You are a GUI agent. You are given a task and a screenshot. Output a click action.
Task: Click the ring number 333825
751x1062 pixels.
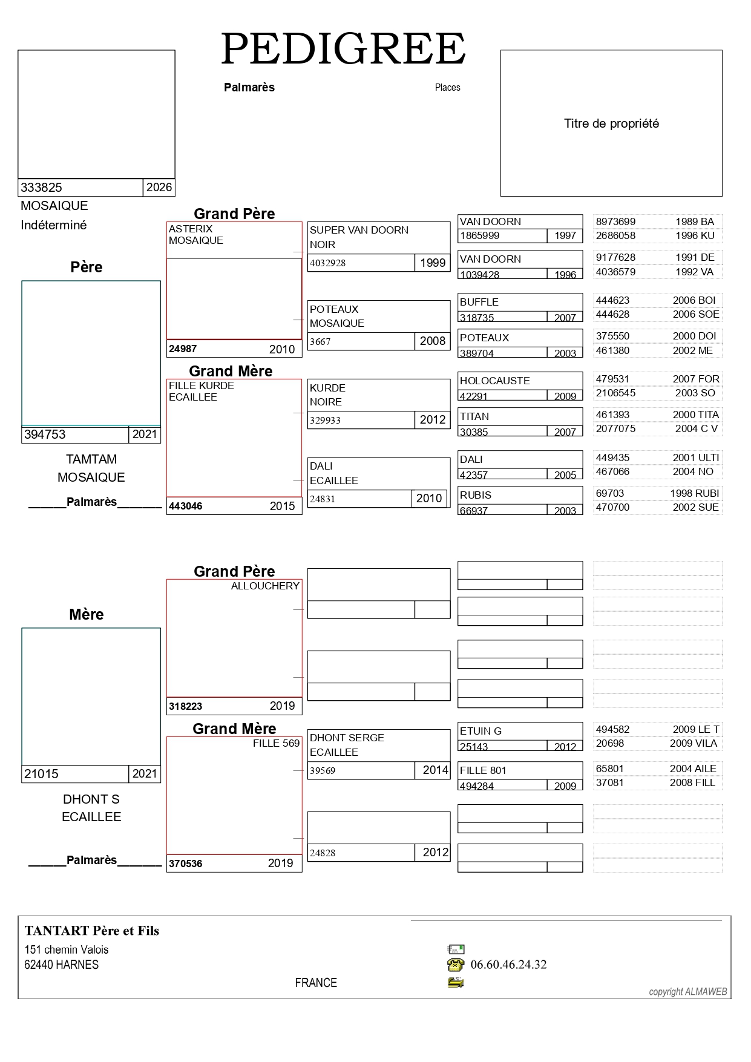pyautogui.click(x=42, y=188)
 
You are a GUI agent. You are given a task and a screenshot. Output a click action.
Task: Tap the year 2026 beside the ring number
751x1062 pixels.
pyautogui.click(x=159, y=188)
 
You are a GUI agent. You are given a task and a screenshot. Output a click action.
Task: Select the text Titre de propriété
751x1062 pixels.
pyautogui.click(x=611, y=123)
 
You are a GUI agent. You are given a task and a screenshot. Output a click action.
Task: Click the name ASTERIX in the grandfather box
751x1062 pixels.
pyautogui.click(x=191, y=229)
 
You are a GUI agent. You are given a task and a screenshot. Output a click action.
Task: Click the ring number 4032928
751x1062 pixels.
pyautogui.click(x=327, y=263)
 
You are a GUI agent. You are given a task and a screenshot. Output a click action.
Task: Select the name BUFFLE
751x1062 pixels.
pyautogui.click(x=479, y=302)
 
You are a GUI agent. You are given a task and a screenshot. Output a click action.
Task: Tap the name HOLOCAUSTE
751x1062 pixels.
pyautogui.click(x=494, y=381)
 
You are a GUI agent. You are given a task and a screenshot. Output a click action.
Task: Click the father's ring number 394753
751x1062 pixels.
pyautogui.click(x=45, y=434)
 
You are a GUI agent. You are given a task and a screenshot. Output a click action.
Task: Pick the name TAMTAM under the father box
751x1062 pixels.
pyautogui.click(x=91, y=459)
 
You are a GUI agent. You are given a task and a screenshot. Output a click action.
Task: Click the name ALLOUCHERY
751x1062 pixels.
pyautogui.click(x=265, y=586)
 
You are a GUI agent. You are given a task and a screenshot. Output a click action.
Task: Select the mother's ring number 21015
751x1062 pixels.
pyautogui.click(x=41, y=774)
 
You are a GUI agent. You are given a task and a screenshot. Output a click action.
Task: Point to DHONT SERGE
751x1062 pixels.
pyautogui.click(x=347, y=738)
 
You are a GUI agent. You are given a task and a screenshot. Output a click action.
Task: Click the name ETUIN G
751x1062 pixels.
pyautogui.click(x=480, y=731)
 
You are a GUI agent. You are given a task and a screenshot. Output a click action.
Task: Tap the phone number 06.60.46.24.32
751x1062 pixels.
pyautogui.click(x=508, y=965)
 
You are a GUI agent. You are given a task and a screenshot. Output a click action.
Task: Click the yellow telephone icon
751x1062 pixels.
pyautogui.click(x=456, y=965)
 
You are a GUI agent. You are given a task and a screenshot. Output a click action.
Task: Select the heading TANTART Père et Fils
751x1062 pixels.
pyautogui.click(x=92, y=931)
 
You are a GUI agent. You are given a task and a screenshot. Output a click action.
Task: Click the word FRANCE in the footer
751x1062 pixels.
pyautogui.click(x=316, y=983)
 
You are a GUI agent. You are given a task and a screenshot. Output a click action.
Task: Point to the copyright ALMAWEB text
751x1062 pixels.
pyautogui.click(x=688, y=992)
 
